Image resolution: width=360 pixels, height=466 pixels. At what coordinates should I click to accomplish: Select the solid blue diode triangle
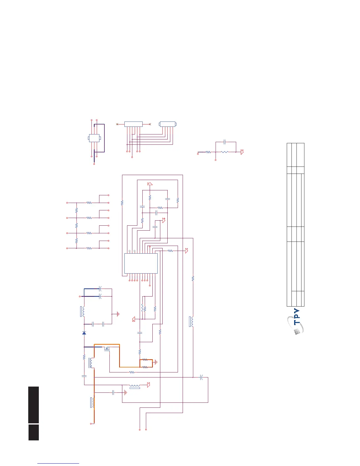click(x=84, y=333)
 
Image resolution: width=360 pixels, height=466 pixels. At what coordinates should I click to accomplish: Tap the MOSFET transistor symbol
click(x=106, y=349)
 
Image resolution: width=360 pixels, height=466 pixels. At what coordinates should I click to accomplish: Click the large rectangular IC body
click(x=141, y=263)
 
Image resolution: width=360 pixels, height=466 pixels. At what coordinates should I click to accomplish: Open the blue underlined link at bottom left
click(x=58, y=463)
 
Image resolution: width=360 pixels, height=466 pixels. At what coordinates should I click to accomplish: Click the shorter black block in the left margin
click(x=34, y=432)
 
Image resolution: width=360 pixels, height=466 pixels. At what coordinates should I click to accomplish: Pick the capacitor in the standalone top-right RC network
click(x=225, y=142)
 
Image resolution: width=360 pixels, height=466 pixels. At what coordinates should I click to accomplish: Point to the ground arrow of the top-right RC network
click(x=242, y=152)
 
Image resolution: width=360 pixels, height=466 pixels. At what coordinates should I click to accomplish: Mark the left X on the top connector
click(x=117, y=124)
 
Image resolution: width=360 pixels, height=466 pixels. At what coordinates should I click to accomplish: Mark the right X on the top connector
click(x=150, y=124)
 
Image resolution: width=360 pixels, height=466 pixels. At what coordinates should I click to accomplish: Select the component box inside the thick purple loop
click(x=94, y=138)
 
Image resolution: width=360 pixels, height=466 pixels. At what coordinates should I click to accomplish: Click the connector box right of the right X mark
click(x=168, y=124)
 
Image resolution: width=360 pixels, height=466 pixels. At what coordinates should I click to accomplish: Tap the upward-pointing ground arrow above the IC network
click(x=150, y=184)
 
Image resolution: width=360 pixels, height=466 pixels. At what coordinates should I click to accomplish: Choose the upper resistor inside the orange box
click(x=145, y=360)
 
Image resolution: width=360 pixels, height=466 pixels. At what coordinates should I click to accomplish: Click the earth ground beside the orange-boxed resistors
click(x=156, y=362)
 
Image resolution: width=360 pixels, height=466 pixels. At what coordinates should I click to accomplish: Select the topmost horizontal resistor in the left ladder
click(x=89, y=203)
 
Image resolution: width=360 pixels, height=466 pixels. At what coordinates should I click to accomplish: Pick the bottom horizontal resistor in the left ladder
click(x=89, y=248)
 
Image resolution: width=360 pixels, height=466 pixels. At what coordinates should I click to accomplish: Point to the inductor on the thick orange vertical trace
click(x=94, y=403)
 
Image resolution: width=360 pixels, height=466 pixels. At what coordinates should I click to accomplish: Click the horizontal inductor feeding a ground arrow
click(x=135, y=385)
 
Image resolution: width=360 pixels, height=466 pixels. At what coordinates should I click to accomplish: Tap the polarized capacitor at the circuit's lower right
click(x=201, y=377)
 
